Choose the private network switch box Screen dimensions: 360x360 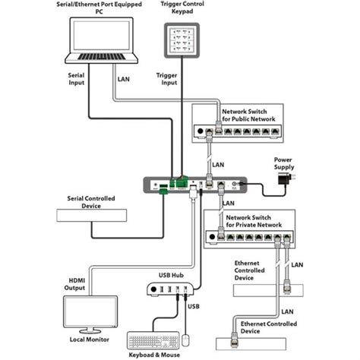pyautogui.click(x=250, y=237)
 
